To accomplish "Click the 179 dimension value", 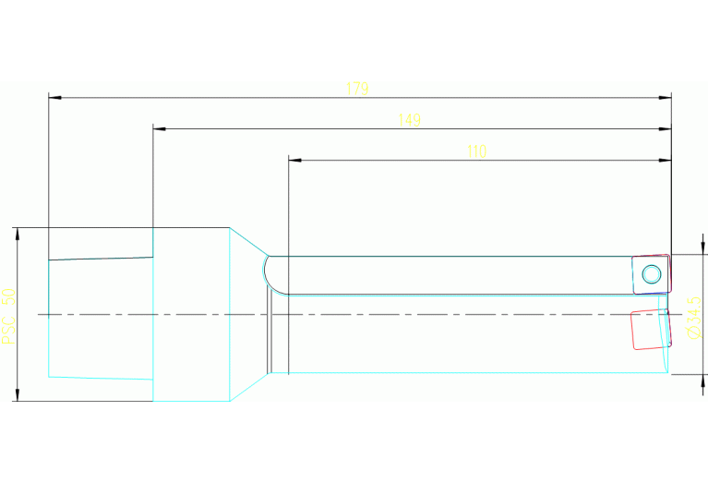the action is point(357,89).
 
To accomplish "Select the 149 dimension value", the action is point(409,120).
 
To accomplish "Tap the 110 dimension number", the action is point(477,151).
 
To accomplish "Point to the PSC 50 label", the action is point(8,316).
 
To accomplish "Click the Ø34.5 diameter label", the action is point(694,318).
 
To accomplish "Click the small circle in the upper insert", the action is point(651,274).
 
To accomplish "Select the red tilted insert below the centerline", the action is point(651,330).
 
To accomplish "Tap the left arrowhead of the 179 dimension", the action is point(54,97).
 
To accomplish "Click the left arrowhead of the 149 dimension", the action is point(160,128).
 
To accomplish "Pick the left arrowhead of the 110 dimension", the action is point(294,160).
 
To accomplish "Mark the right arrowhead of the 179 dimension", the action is point(666,97).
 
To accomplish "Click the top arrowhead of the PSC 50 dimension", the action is point(18,234).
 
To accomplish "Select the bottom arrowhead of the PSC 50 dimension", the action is point(18,394).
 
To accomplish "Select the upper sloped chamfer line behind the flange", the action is point(249,242).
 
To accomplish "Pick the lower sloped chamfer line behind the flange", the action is point(249,387).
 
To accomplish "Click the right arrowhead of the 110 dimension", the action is point(666,160).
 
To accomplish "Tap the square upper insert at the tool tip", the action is point(651,274).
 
